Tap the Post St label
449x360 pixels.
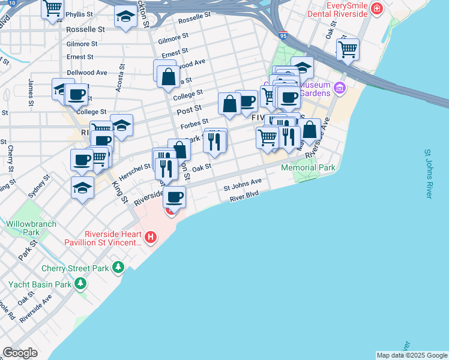[188, 112]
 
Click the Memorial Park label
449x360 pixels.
[309, 168]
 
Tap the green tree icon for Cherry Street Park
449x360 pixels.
[119, 266]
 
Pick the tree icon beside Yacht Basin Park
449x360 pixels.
[79, 283]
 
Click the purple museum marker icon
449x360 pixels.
[340, 89]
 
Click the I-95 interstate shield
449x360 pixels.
[283, 36]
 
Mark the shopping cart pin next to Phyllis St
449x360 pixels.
[53, 8]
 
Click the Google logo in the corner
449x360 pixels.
[20, 353]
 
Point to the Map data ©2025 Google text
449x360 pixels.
[411, 355]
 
